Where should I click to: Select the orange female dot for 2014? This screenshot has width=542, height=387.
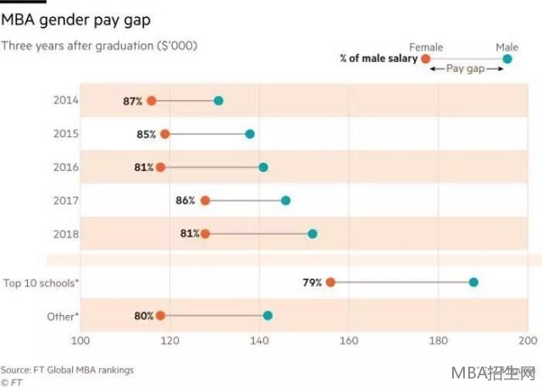click(152, 101)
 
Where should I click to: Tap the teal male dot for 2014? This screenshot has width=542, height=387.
click(218, 101)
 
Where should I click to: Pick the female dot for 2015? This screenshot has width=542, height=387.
click(164, 134)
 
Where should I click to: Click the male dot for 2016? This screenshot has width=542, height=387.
click(263, 167)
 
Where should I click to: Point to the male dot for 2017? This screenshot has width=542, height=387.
click(285, 201)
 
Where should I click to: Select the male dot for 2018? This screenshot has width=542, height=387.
click(312, 234)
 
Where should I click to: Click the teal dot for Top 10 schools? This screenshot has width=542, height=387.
click(473, 282)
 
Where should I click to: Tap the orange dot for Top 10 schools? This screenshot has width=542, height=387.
click(330, 282)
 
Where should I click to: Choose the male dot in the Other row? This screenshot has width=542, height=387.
click(268, 316)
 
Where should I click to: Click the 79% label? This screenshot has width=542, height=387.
click(312, 282)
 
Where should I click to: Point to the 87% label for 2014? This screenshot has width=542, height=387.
click(133, 101)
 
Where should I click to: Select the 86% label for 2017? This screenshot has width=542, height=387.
click(185, 201)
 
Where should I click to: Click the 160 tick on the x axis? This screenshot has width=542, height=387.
click(348, 340)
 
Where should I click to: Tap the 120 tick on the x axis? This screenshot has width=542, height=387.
click(169, 340)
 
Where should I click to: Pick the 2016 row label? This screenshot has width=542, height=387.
click(65, 167)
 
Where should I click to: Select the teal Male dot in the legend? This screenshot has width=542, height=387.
click(507, 58)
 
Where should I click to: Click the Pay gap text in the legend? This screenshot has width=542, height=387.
click(465, 69)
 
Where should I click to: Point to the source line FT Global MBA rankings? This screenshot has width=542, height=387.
click(67, 370)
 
